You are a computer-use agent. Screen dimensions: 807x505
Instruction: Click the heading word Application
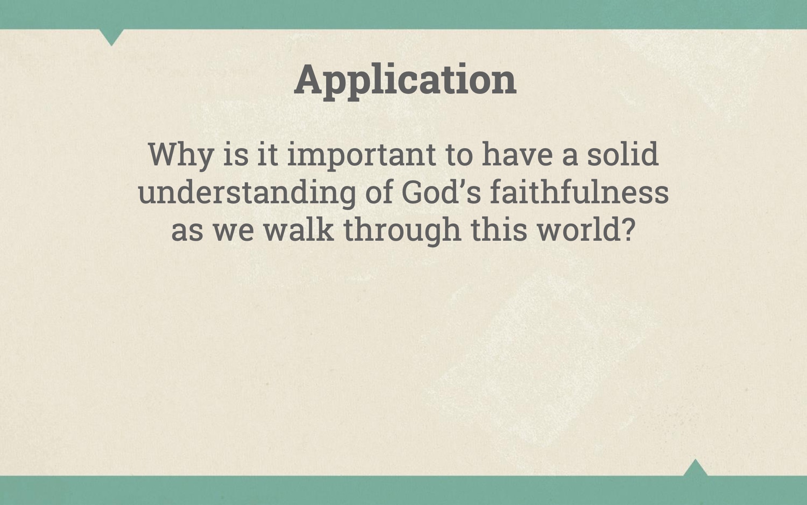click(x=405, y=81)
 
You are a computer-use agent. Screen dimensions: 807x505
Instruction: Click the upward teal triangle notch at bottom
click(x=695, y=468)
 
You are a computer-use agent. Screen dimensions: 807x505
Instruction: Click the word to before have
click(x=459, y=155)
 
